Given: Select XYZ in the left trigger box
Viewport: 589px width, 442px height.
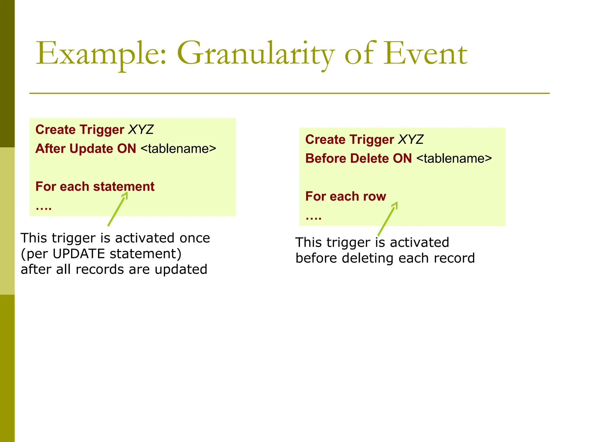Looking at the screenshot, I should click(141, 129).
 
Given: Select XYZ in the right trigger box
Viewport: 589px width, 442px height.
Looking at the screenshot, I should click(411, 140).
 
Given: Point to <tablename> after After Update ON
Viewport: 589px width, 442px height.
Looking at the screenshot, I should click(178, 149).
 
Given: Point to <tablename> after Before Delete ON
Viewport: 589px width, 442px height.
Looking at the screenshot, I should click(454, 159).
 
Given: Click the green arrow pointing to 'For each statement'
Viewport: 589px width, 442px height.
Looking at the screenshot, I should click(117, 209).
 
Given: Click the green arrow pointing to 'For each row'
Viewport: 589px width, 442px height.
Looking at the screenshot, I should click(388, 219).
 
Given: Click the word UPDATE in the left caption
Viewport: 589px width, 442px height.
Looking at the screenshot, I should click(79, 254).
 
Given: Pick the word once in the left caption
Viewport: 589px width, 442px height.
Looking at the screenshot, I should click(195, 238).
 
